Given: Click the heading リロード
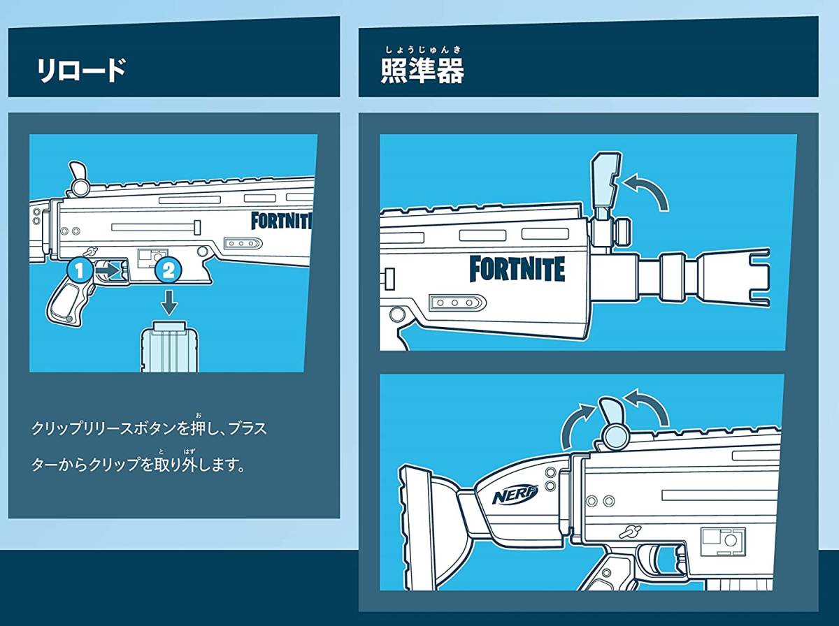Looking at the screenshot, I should (x=82, y=71).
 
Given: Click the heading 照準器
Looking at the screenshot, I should (x=422, y=71).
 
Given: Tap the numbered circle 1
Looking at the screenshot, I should (x=80, y=269).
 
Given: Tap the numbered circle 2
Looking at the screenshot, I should (x=168, y=269).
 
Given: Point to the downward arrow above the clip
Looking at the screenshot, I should (x=168, y=302).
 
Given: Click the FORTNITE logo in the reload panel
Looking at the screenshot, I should (x=282, y=221).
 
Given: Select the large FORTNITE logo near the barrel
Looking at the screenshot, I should (x=517, y=269).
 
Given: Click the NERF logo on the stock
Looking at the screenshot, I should (x=515, y=496).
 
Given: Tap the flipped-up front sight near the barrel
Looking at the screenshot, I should (x=603, y=183).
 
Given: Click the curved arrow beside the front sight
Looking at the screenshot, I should (x=647, y=191).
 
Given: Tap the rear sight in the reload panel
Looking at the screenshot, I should (x=79, y=177).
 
